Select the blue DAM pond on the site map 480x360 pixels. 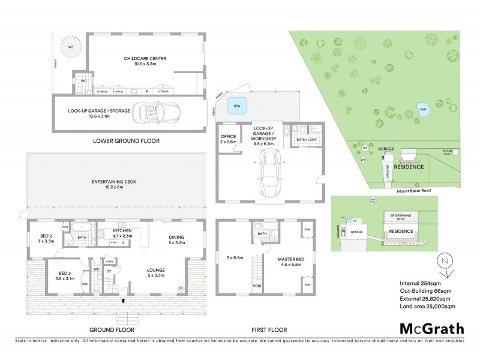coord(422,109)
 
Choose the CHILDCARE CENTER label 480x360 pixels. coord(145,58)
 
